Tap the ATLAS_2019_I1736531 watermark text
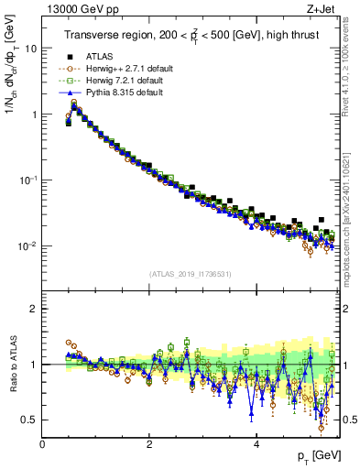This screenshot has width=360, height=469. click(191, 275)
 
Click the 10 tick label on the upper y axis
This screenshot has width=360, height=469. click(31, 49)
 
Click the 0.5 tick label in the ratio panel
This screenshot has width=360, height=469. click(29, 420)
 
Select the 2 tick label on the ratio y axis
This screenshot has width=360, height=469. click(35, 309)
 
